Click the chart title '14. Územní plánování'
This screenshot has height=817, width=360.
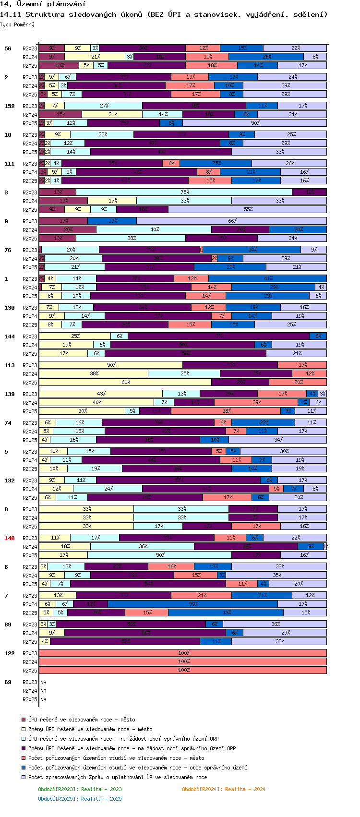(x=43, y=4)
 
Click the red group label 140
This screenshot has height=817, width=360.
(x=10, y=538)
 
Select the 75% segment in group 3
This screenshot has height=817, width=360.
(x=184, y=192)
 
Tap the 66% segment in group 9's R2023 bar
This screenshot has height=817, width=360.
(x=232, y=221)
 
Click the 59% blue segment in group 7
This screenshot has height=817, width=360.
(x=193, y=604)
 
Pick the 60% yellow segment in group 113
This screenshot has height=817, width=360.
(x=125, y=382)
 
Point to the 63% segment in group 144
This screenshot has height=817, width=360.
(x=219, y=336)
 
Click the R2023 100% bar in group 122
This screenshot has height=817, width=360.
(x=183, y=653)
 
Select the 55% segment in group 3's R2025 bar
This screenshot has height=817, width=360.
(x=248, y=209)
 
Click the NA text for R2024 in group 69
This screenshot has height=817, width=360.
(x=43, y=691)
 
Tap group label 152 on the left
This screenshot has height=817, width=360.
(x=10, y=106)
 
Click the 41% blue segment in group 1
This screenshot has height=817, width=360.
(x=268, y=278)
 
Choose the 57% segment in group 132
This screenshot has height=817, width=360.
(x=179, y=480)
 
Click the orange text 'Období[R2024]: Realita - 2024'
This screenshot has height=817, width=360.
(x=223, y=789)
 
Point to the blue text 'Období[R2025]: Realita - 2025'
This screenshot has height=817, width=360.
(x=80, y=799)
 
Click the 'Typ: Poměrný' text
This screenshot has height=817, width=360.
(x=17, y=24)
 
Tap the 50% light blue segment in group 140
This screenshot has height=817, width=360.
(x=160, y=555)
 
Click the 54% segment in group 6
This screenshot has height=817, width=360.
(x=148, y=584)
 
